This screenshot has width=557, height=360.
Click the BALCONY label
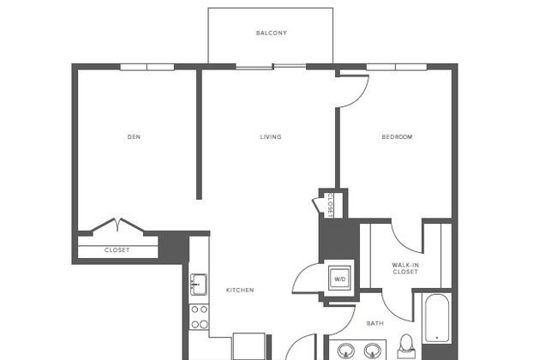272,33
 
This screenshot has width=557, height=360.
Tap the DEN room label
134,137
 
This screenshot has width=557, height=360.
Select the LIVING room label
271,137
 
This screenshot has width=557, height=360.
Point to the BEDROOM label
397,137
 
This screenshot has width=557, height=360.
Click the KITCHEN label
240,290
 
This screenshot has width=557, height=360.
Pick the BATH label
374,323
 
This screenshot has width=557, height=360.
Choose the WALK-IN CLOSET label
405,268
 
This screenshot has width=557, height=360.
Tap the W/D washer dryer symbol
339,279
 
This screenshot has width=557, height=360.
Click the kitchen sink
199,285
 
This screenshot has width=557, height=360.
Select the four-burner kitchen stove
199,317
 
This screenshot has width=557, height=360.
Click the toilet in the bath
406,346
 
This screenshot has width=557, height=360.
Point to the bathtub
436,318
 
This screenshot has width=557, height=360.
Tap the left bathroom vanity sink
345,351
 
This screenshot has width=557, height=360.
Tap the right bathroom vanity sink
372,351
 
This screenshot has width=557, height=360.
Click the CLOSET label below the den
117,250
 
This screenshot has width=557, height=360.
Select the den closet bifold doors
118,226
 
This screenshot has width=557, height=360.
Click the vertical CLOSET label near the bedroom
330,205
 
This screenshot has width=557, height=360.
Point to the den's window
147,67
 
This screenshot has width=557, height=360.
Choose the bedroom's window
397,67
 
